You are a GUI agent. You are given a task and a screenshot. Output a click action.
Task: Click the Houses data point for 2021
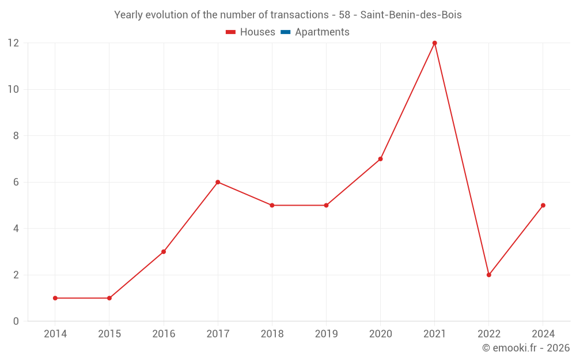(434, 43)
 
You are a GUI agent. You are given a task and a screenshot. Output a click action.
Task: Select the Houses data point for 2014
(55, 298)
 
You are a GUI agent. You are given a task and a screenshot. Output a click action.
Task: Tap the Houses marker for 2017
(218, 182)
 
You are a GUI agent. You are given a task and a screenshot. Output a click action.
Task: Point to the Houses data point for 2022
(488, 275)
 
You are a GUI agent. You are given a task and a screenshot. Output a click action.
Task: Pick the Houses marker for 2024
(543, 205)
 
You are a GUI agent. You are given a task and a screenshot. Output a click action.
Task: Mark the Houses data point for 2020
(380, 159)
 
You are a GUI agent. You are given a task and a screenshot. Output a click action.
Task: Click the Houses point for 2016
(164, 252)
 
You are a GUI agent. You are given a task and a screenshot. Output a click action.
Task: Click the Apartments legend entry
(321, 32)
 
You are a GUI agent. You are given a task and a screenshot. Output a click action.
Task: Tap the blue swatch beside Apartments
(285, 32)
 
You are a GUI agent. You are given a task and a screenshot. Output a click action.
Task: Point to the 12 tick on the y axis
(13, 43)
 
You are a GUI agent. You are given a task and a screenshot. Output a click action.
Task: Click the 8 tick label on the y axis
(16, 136)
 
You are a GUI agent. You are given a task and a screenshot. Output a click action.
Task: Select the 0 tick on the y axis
(16, 321)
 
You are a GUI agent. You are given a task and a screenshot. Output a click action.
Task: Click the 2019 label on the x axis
(326, 334)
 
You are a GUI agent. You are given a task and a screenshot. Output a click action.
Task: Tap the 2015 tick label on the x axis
(109, 334)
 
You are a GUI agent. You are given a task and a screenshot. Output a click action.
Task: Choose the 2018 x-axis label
(272, 334)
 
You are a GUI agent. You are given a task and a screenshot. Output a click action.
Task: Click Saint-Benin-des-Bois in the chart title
(411, 15)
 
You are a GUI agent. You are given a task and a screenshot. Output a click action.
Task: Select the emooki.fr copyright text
(525, 348)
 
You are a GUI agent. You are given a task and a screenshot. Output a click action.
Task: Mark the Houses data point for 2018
(272, 205)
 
